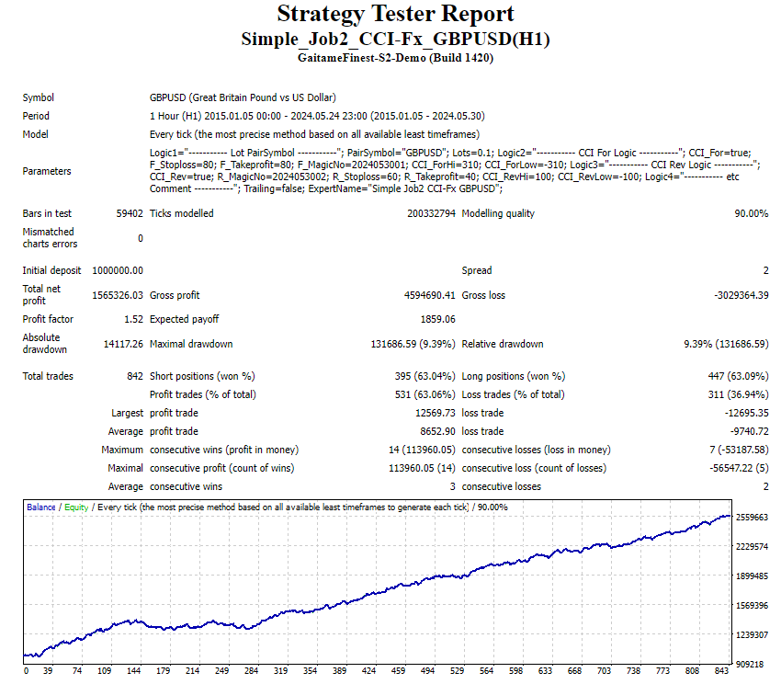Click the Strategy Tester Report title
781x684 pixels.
(395, 15)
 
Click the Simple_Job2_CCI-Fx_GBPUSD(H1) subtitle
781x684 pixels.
(395, 39)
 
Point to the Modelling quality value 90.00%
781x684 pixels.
(750, 213)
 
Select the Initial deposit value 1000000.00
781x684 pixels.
(118, 270)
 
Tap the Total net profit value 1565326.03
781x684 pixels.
(118, 295)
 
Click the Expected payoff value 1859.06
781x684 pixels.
(436, 319)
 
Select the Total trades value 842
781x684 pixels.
(134, 376)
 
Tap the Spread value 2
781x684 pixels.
(764, 270)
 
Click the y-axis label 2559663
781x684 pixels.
(753, 518)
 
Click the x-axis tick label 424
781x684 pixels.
(368, 671)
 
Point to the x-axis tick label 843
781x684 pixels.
(721, 671)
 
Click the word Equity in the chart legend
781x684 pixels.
(76, 507)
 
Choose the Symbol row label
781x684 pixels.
(39, 97)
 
